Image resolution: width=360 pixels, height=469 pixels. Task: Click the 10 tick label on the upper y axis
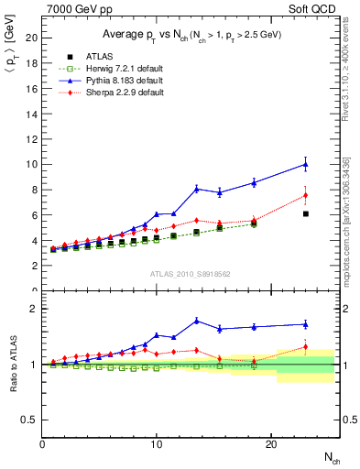(31, 164)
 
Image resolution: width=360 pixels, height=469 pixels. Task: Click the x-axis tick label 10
(157, 443)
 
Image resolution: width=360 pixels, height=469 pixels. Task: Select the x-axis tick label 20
(271, 443)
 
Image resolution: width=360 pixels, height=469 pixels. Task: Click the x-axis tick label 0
(42, 443)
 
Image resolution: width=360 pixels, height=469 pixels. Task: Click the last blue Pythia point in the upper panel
(305, 164)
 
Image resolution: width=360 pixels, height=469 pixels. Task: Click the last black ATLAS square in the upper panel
(305, 213)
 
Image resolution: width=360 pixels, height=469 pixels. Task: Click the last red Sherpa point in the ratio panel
(305, 347)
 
